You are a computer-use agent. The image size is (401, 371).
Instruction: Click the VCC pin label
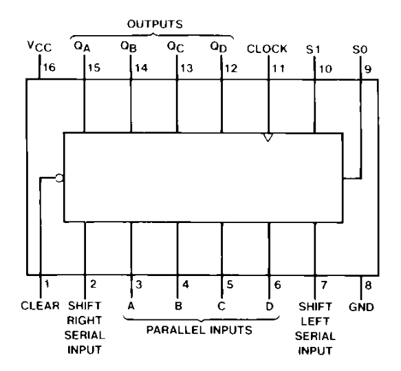39,47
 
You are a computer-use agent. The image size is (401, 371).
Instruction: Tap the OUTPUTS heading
155,24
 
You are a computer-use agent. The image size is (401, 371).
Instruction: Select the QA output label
82,47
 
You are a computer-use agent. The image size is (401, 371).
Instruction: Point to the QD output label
219,47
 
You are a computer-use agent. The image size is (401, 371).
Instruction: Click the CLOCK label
267,49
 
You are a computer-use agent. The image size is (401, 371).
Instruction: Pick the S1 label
313,50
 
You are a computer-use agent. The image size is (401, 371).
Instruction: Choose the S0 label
360,50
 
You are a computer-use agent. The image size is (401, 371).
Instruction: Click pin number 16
49,67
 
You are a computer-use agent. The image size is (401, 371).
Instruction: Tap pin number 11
278,69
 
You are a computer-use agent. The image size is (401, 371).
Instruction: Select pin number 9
368,70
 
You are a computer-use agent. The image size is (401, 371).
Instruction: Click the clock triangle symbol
268,138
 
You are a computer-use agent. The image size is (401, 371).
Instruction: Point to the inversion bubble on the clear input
59,178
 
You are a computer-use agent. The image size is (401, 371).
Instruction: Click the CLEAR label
40,306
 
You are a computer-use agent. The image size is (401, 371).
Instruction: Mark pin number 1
47,284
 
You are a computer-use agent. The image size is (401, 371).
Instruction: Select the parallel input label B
178,306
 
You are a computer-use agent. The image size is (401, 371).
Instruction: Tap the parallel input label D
270,306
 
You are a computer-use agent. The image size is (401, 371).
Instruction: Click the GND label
361,307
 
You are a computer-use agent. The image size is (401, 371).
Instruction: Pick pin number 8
368,285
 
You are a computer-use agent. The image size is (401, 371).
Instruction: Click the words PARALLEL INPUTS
199,330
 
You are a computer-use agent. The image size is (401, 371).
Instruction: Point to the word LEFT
315,321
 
